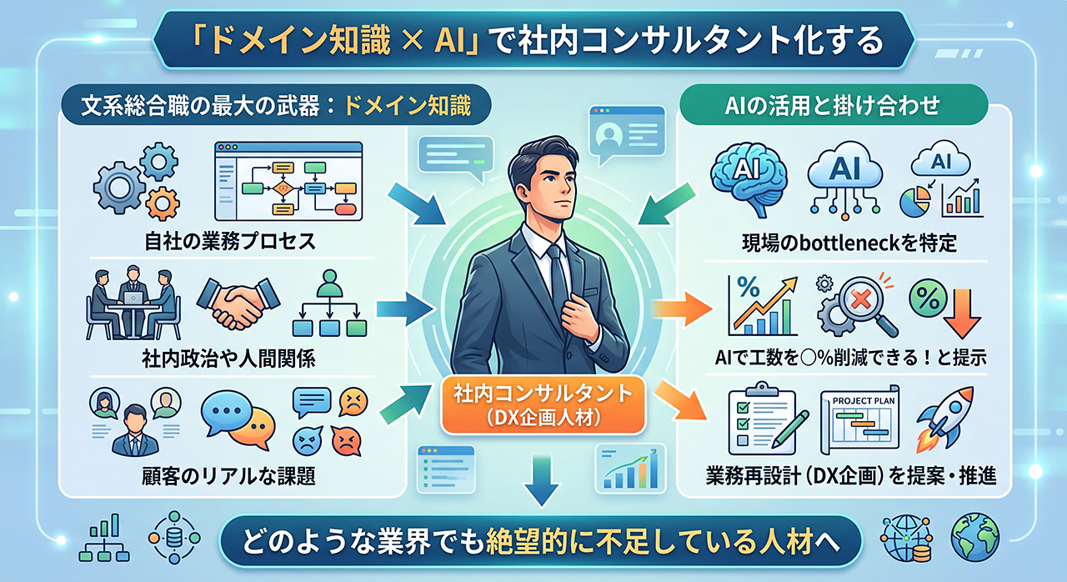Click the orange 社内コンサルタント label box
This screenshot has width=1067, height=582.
(x=543, y=405)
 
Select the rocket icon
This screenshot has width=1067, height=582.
(x=945, y=419)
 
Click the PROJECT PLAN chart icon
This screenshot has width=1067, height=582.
(x=859, y=419)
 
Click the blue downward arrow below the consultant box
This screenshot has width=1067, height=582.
(x=542, y=480)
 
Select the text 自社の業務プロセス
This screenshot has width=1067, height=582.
(x=230, y=242)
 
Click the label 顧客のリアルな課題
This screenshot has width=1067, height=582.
(x=229, y=475)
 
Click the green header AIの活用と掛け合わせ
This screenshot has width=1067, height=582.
(x=833, y=106)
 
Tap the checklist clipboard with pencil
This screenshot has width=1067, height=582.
(x=767, y=418)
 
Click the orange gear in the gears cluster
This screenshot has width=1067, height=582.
(x=163, y=203)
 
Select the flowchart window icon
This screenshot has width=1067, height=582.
(x=288, y=181)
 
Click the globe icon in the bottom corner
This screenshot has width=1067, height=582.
(x=975, y=537)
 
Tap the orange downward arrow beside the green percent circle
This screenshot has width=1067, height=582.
(x=963, y=314)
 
